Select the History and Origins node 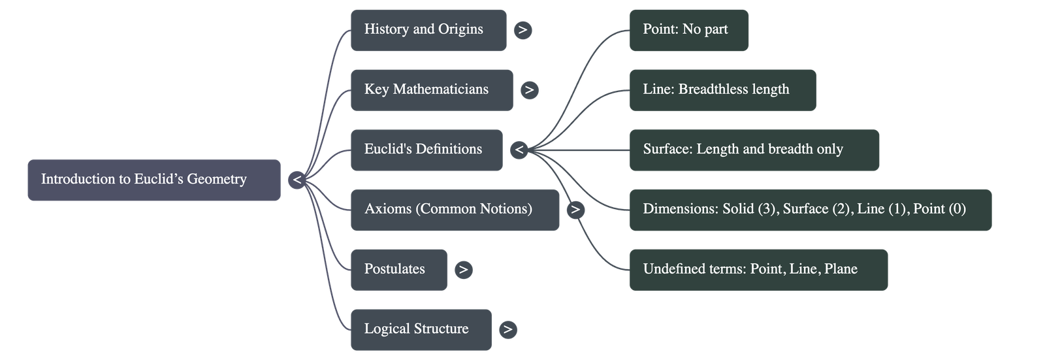(x=428, y=30)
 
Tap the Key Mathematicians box (x=432, y=90)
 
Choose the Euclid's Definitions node (x=426, y=150)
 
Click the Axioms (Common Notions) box (x=455, y=210)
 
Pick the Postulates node (x=398, y=270)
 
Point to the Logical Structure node (x=421, y=329)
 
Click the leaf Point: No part (x=688, y=30)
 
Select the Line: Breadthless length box (x=722, y=90)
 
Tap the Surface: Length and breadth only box (x=754, y=150)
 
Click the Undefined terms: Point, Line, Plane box (x=758, y=270)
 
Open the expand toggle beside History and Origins (x=522, y=30)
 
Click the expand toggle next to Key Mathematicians (x=529, y=90)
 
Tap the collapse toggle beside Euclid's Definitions (x=519, y=150)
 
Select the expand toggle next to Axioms (x=575, y=210)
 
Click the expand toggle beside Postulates (x=463, y=270)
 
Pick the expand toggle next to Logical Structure (x=507, y=330)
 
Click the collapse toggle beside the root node (x=297, y=180)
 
